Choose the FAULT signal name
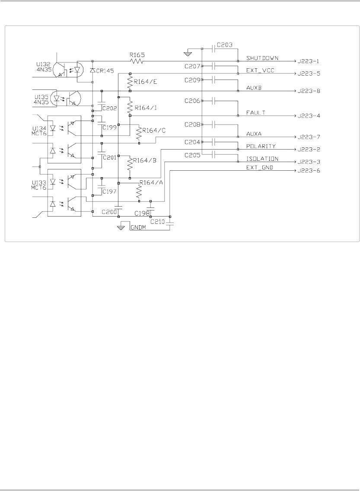(x=255, y=112)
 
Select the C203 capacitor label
(x=225, y=45)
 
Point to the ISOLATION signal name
(x=262, y=159)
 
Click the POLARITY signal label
(x=261, y=146)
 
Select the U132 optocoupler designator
(x=43, y=64)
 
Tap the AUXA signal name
(x=254, y=134)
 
